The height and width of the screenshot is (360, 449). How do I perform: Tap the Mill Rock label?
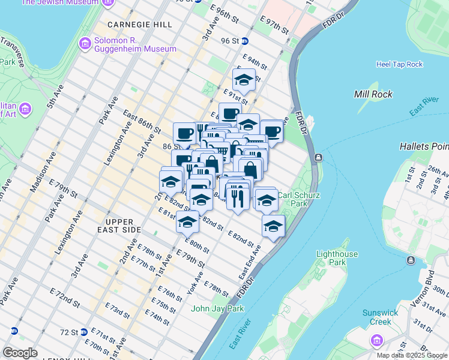pos(373,94)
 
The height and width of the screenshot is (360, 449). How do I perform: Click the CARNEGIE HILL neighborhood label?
pos(139,25)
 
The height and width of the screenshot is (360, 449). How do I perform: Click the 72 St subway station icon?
pos(85,332)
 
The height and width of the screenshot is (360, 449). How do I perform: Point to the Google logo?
pos(20,353)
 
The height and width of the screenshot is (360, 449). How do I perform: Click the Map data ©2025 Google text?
pos(412,355)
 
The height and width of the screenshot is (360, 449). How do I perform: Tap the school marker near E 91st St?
pos(244,80)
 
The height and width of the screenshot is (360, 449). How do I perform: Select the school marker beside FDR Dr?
pos(273,226)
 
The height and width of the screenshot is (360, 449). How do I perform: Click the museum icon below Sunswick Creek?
pos(377,341)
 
